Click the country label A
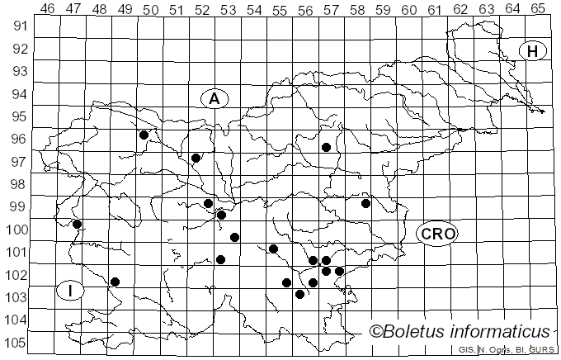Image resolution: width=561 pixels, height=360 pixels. click(214, 98)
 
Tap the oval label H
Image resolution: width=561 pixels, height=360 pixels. click(533, 51)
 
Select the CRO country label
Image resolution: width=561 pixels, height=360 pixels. click(436, 234)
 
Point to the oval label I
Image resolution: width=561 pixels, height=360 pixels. click(71, 291)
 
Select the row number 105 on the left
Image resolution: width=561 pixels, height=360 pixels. click(19, 343)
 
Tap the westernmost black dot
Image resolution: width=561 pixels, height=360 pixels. click(77, 224)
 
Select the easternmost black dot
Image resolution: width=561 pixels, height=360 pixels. click(365, 203)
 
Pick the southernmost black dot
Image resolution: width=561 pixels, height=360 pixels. click(299, 294)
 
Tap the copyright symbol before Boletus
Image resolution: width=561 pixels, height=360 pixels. click(377, 332)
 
